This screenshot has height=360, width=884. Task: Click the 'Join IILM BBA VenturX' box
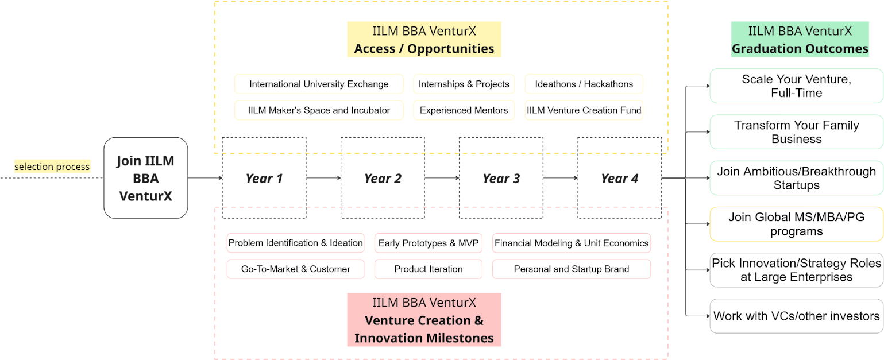coord(146,178)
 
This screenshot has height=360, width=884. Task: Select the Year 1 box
coord(264,178)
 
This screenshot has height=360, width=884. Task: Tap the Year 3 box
coord(501,178)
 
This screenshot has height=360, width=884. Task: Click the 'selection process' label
coord(52,167)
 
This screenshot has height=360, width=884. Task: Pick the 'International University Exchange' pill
coord(319,84)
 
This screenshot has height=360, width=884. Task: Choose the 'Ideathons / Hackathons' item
coord(584,84)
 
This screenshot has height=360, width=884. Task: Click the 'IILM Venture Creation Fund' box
coord(584,110)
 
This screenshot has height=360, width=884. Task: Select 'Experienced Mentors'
coord(464,110)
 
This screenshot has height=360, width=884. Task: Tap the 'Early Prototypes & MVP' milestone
coord(428,243)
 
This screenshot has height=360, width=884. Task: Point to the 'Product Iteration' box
coord(428,269)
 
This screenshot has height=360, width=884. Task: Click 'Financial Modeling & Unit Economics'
coord(572,243)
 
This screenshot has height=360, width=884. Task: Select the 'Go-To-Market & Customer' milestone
coord(296,269)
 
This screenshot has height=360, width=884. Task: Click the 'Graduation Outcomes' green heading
coord(800,40)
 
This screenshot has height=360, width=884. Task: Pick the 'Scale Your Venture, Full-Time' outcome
coord(796,86)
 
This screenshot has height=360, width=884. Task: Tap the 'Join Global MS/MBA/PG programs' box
coord(796,224)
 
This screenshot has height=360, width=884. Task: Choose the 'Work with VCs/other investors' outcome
coord(796,316)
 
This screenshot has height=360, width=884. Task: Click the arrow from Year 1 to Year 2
coord(323,178)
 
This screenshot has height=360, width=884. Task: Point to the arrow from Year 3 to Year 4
coord(561,178)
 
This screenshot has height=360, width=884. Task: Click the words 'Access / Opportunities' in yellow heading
coord(424,48)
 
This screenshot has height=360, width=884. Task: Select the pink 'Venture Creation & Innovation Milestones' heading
coord(424,320)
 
